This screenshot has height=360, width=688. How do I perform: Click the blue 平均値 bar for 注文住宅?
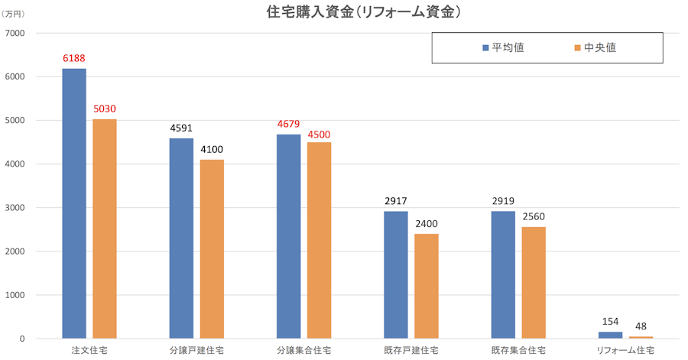(74, 203)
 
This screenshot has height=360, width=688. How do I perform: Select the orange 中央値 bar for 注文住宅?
(105, 229)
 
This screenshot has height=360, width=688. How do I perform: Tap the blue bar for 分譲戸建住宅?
(181, 238)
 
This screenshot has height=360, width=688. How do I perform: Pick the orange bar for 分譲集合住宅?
(320, 240)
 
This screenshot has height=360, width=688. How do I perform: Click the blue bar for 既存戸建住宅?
(396, 275)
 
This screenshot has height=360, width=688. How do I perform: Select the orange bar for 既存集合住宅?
(534, 283)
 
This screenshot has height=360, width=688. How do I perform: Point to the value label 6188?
(74, 59)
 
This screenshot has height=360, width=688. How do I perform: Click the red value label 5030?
(105, 109)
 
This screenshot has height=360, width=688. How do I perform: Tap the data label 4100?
(212, 150)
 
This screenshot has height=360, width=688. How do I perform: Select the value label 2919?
(503, 202)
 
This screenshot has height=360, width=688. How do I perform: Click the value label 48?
(641, 327)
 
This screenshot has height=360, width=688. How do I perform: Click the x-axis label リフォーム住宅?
(625, 351)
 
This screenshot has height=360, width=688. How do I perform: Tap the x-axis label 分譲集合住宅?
(304, 351)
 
